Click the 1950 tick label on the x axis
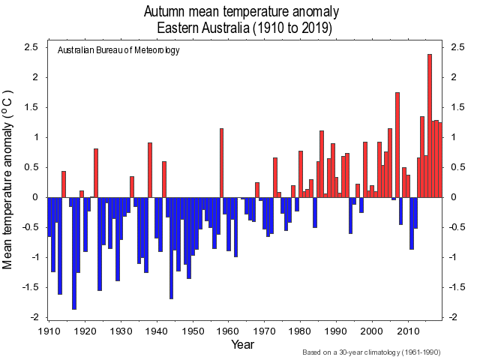(193, 331)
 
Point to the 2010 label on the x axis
(408, 331)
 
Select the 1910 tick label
(49, 331)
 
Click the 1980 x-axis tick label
(301, 331)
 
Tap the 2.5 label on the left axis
(31, 48)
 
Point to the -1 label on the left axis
(34, 257)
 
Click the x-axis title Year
(243, 345)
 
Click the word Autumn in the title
(169, 13)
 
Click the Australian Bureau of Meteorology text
(118, 50)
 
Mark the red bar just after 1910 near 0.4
(64, 184)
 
